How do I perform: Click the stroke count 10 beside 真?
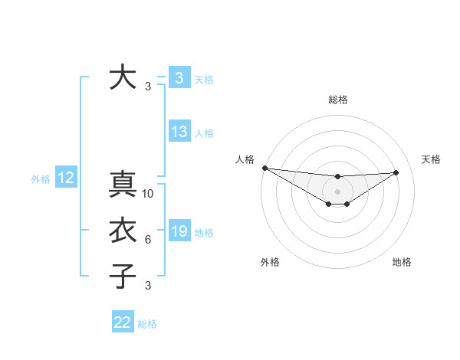148,194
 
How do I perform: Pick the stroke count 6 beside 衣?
148,240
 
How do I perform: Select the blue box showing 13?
179,132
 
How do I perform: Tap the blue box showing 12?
66,178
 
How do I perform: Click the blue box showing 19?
179,231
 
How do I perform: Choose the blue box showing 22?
123,322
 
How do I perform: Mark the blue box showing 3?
179,77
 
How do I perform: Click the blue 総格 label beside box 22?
148,324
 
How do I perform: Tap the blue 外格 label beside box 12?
41,179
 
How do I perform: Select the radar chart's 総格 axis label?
337,100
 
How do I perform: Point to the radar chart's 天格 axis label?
432,159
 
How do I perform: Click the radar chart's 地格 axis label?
402,262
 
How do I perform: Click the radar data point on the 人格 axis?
264,168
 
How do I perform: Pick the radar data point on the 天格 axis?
396,172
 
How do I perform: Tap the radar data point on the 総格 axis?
337,177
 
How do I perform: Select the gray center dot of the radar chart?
337,191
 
